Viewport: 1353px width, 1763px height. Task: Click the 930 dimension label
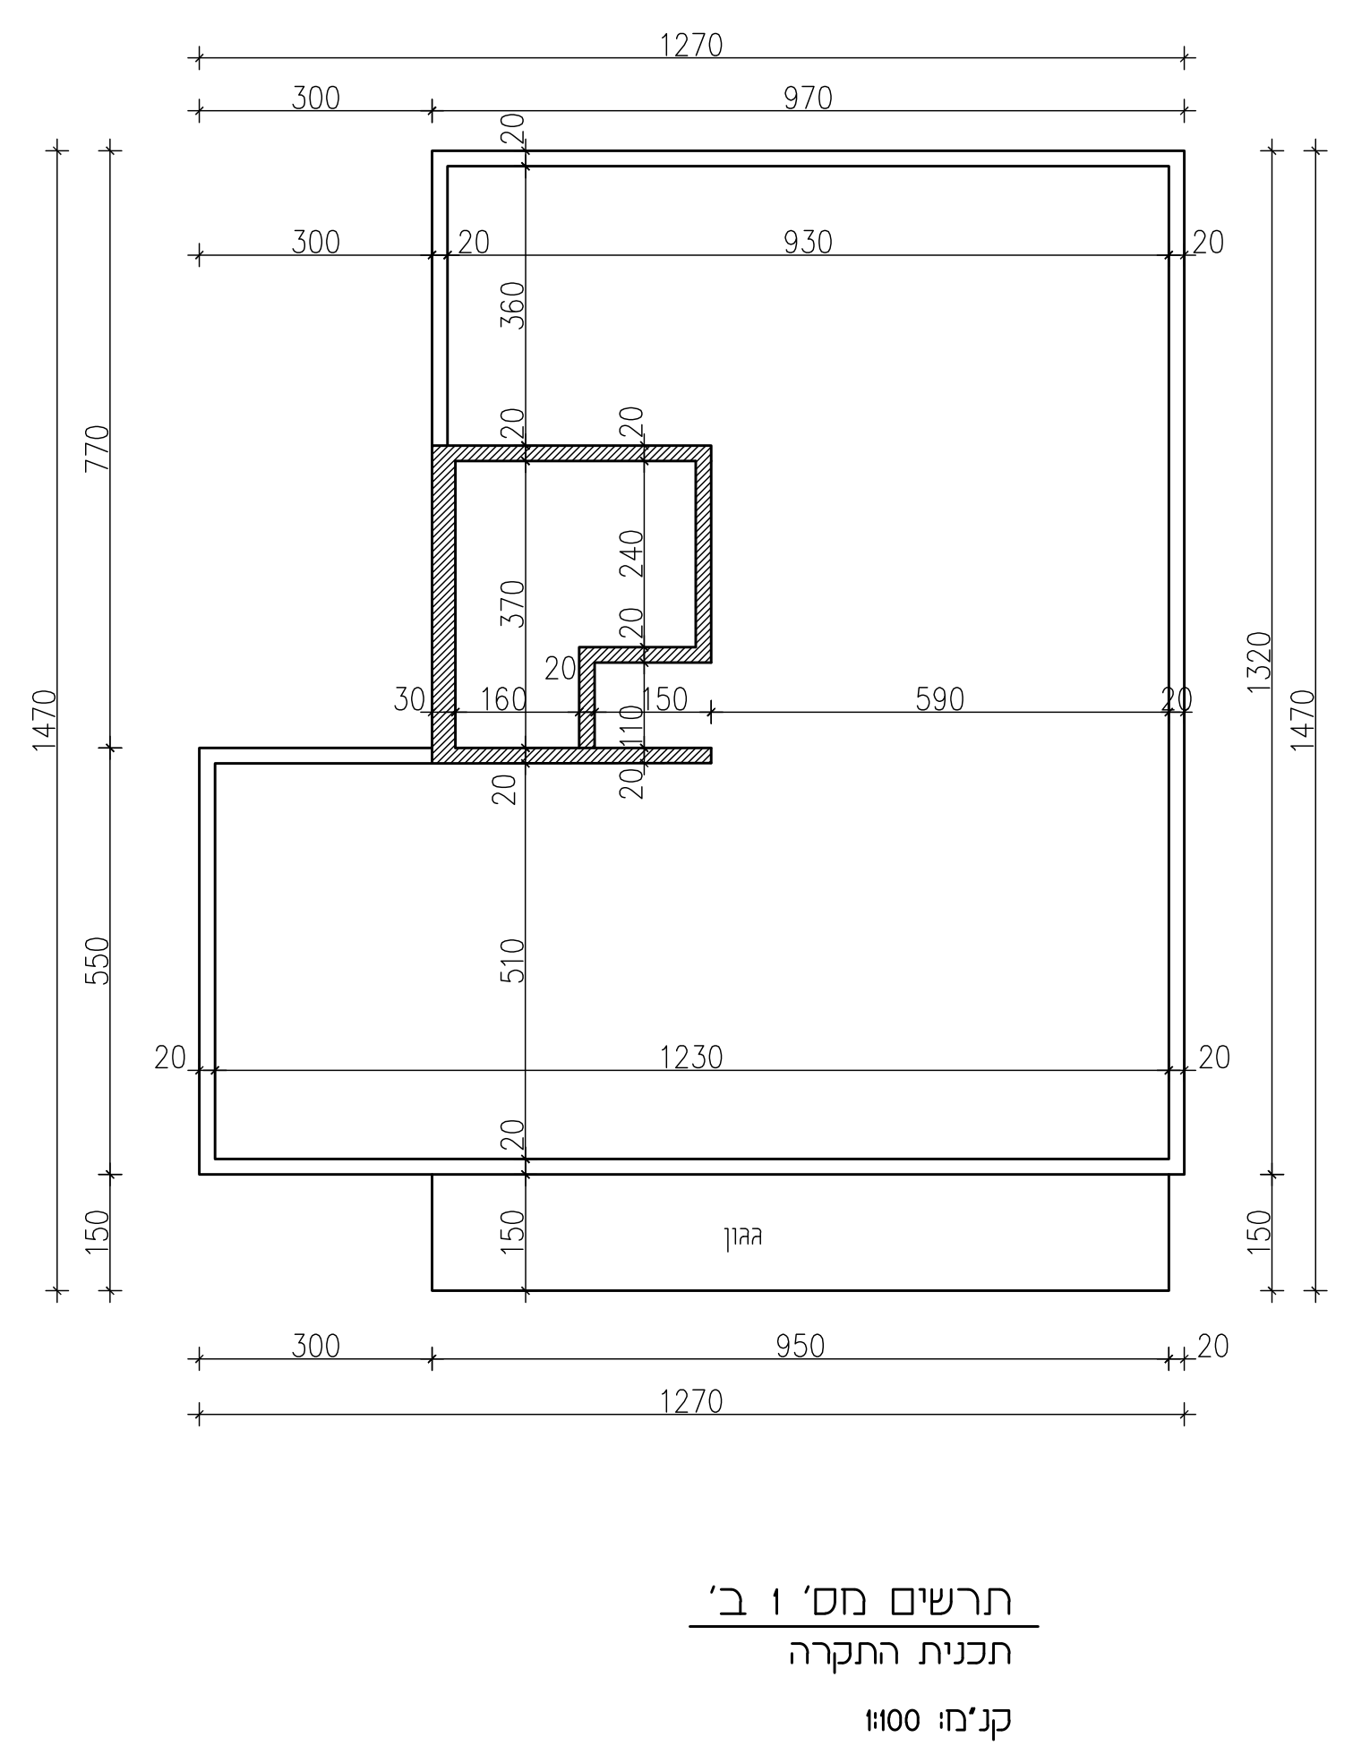[x=808, y=243]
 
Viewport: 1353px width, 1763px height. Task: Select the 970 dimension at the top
[x=808, y=98]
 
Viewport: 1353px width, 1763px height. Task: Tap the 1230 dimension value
[x=691, y=1058]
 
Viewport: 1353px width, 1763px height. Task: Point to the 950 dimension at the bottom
[x=800, y=1347]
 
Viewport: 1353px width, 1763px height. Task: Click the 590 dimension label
[x=939, y=699]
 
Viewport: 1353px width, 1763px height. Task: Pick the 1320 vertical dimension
[x=1259, y=662]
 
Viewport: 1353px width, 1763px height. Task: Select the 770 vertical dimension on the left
[x=97, y=448]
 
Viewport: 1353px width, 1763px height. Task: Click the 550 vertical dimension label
[x=97, y=961]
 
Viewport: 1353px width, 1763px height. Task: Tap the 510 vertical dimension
[x=511, y=961]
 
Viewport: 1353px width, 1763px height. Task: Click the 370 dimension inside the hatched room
[x=511, y=603]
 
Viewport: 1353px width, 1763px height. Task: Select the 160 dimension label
[x=503, y=699]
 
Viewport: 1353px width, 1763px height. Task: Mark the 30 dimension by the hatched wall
[x=409, y=699]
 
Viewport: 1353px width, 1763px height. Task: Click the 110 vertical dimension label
[x=631, y=726]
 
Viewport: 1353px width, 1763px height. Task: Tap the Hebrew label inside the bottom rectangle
[x=743, y=1238]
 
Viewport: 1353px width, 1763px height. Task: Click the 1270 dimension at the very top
[x=691, y=46]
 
